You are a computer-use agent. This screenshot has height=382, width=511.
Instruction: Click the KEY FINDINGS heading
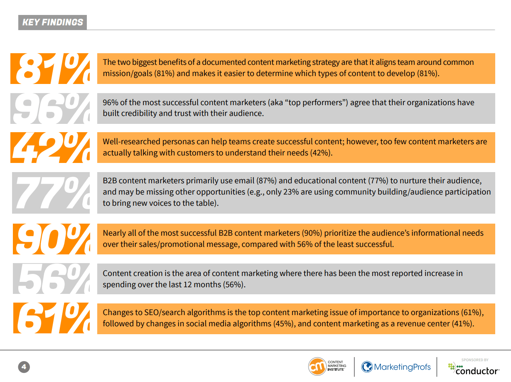tap(52, 22)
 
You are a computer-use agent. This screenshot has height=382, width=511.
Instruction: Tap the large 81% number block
tap(51, 69)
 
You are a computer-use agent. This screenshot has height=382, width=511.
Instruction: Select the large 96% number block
tap(51, 108)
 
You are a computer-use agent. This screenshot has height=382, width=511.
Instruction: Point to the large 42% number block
tap(51, 148)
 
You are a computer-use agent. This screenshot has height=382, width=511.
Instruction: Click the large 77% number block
tap(51, 193)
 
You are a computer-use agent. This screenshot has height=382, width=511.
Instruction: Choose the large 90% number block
tap(51, 239)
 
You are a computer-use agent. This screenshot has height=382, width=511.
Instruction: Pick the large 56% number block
tap(51, 279)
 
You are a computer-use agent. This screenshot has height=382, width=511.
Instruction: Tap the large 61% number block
tap(51, 318)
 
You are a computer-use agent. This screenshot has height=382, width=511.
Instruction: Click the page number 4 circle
tap(24, 367)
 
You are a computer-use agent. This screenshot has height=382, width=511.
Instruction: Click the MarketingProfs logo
tap(396, 367)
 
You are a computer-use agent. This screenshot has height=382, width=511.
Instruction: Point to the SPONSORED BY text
tap(474, 360)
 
